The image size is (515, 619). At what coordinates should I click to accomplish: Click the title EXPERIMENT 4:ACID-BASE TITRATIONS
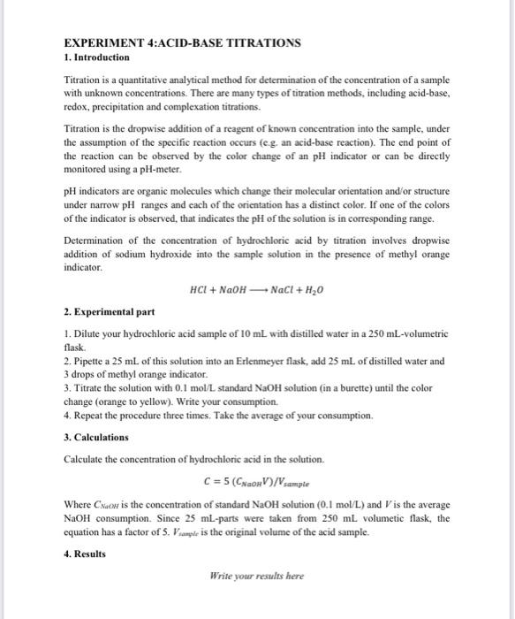(x=182, y=42)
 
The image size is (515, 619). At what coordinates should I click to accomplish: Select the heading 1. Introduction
(x=98, y=57)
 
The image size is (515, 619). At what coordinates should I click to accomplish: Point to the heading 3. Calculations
(x=97, y=437)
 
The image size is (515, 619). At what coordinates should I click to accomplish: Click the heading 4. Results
(x=85, y=554)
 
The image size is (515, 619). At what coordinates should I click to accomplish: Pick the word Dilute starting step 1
(x=87, y=334)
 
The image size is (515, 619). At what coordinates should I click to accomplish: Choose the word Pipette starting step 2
(x=89, y=361)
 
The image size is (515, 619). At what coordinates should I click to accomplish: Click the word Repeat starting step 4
(x=89, y=415)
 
